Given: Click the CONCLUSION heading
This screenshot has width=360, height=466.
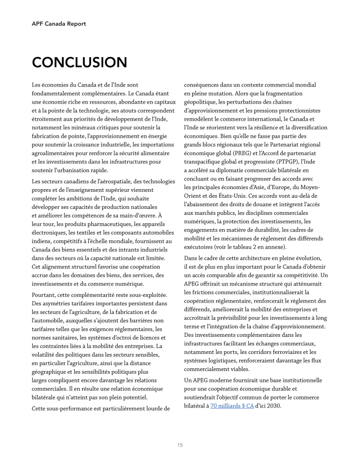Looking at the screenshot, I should (79, 62).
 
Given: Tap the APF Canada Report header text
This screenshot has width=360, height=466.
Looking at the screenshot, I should (59, 23).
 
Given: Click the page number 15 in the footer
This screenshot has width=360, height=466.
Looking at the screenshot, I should (180, 445).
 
